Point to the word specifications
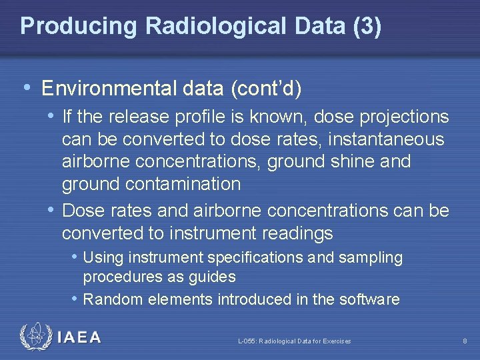click(x=259, y=257)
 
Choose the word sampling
click(x=377, y=257)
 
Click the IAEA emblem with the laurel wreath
click(x=35, y=337)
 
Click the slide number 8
click(x=465, y=341)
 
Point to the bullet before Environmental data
click(x=27, y=88)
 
